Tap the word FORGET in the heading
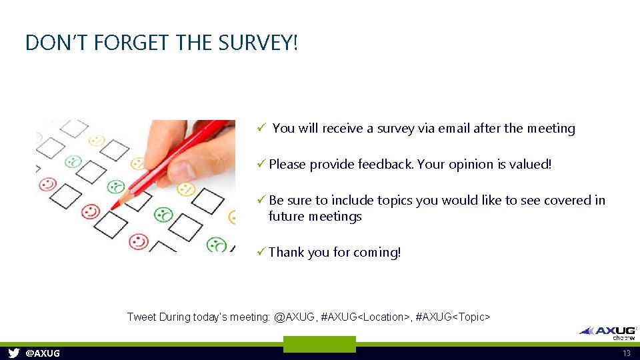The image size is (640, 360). point(133,43)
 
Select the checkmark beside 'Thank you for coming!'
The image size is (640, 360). point(261,252)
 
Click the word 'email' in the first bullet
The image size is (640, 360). point(454,128)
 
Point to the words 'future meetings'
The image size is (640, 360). point(315,216)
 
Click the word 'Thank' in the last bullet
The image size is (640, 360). point(286,252)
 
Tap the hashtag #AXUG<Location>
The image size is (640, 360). point(365,317)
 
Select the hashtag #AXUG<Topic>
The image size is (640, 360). point(453,317)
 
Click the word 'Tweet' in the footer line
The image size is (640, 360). point(141,317)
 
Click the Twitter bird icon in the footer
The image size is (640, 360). point(13,353)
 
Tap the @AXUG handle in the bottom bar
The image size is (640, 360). point(42,353)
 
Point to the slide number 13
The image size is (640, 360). point(626,353)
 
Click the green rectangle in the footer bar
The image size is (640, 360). point(319,344)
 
